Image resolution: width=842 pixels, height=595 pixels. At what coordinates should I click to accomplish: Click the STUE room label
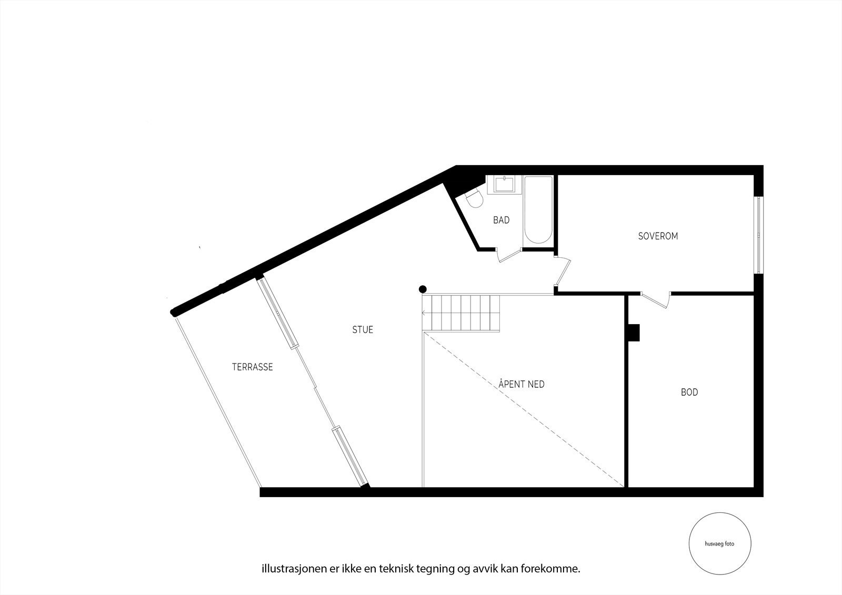point(363,330)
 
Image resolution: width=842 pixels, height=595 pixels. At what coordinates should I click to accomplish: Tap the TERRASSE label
point(253,367)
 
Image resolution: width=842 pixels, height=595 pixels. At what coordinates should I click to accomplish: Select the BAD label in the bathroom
point(501,220)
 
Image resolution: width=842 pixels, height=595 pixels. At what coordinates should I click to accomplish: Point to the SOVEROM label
point(658,236)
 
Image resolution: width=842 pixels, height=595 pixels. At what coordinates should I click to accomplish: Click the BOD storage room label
point(689,392)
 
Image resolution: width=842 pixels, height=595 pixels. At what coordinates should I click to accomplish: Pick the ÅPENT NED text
point(522,385)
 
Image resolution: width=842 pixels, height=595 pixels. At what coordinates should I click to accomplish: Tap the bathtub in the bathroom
point(538,210)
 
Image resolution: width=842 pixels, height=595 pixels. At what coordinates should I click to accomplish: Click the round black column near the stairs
point(423,289)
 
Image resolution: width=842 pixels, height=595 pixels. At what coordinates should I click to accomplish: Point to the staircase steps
point(461,313)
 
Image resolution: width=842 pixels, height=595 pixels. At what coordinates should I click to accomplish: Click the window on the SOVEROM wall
point(758,235)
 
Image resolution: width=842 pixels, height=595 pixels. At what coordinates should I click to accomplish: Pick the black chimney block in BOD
point(634,332)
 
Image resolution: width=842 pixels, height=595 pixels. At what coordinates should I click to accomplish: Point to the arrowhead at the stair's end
point(424,313)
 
